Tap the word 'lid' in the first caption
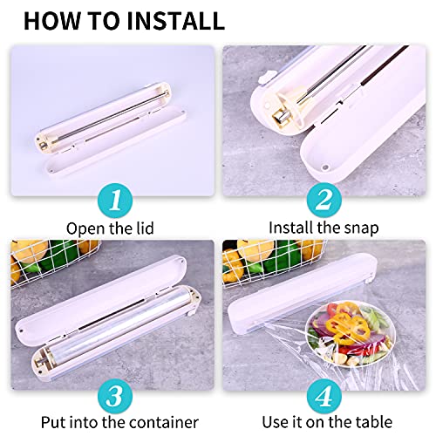click(145, 228)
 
